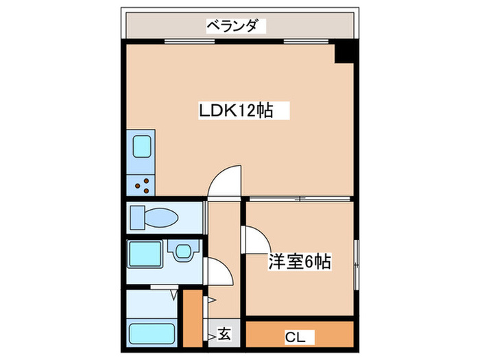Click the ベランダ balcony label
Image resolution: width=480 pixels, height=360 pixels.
point(235,26)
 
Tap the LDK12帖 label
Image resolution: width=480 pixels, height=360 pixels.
point(236,110)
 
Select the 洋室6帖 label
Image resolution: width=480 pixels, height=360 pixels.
point(300,262)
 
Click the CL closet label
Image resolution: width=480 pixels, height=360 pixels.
point(296,337)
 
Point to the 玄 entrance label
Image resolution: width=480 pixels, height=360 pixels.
point(224,335)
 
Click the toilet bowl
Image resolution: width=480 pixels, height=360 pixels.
point(161,217)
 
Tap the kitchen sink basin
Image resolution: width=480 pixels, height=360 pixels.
point(142,146)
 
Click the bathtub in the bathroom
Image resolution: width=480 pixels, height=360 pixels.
point(152,335)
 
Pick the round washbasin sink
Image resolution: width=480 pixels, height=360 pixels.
point(184,252)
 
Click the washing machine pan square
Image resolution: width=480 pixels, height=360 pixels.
point(145,254)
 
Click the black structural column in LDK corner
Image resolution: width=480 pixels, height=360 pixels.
point(345,52)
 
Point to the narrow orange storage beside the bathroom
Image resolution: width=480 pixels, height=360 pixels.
point(193,318)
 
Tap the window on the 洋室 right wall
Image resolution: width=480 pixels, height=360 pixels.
point(356,265)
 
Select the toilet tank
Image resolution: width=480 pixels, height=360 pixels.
point(137,217)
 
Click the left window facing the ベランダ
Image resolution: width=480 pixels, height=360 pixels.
point(190,41)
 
